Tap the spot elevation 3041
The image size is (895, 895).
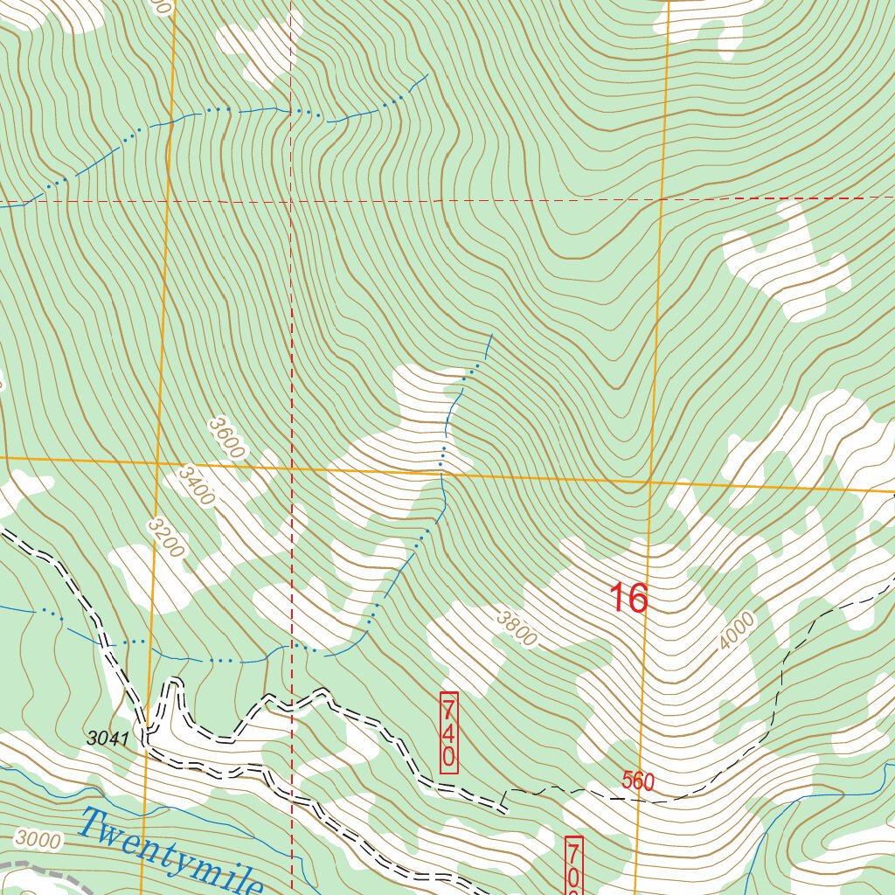108,739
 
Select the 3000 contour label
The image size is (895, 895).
38,842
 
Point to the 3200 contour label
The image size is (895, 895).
166,538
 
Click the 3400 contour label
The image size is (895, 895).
196,485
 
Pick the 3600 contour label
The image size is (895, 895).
225,436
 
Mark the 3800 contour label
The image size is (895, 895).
516,628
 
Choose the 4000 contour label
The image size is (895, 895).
736,631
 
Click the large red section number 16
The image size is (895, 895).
628,599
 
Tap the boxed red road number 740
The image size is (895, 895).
448,732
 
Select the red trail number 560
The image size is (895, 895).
638,781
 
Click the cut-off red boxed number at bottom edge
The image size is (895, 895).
574,869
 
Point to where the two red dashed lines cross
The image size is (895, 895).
291,200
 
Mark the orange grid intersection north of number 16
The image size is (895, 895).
649,481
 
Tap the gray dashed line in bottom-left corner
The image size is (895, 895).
26,867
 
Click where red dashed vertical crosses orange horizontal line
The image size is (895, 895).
291,468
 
